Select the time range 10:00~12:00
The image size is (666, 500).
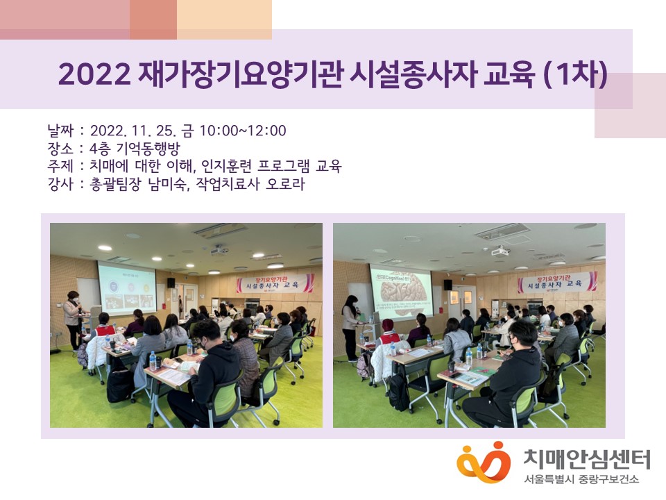[x=243, y=131]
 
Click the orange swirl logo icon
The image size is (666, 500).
[x=484, y=462]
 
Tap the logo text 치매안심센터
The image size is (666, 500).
[x=586, y=458]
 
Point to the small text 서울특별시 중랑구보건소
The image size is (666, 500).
[x=581, y=480]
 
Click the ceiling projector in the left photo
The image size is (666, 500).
[x=219, y=249]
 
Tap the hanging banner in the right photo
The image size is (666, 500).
[x=557, y=282]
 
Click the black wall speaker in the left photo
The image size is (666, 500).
[x=171, y=283]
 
